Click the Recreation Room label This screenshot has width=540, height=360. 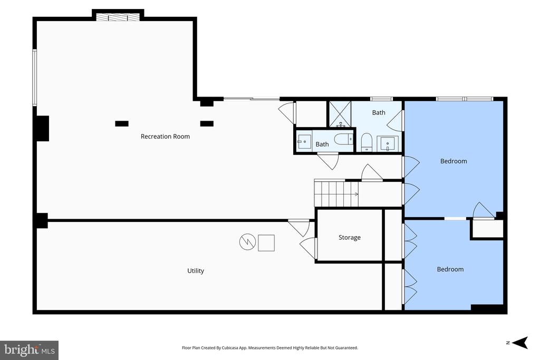(x=165, y=137)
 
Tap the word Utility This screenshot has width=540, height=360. (x=196, y=271)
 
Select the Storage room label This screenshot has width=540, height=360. (x=349, y=238)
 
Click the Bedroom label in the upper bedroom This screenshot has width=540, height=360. (x=454, y=161)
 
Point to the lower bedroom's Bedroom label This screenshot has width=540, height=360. (x=450, y=269)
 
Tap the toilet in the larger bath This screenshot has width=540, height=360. (x=367, y=141)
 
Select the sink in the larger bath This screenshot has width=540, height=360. (x=388, y=143)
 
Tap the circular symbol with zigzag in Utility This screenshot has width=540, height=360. (x=247, y=242)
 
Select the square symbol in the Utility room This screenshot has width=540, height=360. (x=266, y=242)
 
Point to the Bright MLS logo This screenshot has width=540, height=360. (x=30, y=350)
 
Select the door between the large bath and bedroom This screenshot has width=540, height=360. (x=396, y=121)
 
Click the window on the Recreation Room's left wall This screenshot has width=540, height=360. (x=34, y=77)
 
